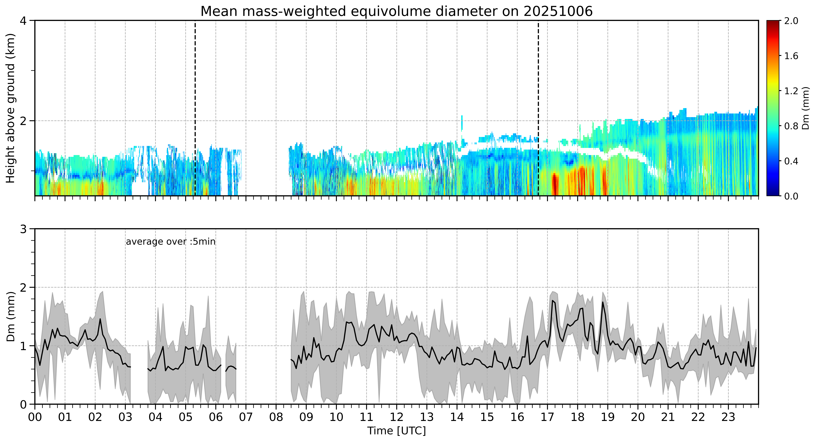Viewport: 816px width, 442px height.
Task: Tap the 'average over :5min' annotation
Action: (170, 242)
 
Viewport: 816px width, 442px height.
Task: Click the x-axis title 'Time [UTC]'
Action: (397, 431)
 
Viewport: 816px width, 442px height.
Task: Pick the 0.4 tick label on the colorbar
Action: (791, 161)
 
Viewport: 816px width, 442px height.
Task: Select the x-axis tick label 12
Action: (397, 417)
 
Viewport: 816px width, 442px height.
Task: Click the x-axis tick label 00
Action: (35, 417)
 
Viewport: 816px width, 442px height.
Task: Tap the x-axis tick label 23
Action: (728, 417)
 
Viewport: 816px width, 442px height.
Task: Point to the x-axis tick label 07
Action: (246, 417)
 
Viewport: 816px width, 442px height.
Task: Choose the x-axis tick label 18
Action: (578, 417)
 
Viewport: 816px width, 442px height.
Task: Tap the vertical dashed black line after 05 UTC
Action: (195, 108)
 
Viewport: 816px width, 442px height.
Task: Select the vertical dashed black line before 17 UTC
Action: (538, 108)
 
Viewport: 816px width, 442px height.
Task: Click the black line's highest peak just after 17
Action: (552, 300)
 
